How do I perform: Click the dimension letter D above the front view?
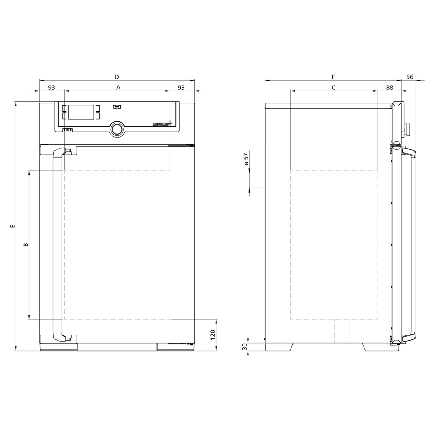pos(117,77)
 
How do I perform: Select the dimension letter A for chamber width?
pos(118,88)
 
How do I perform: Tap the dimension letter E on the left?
pos(13,225)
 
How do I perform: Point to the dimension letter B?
pos(26,244)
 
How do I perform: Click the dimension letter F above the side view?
pos(333,77)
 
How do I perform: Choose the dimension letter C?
pos(333,88)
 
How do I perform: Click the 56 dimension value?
pos(410,77)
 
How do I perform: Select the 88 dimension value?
pos(390,88)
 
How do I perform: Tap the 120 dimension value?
pos(213,335)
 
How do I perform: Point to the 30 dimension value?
pos(245,346)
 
